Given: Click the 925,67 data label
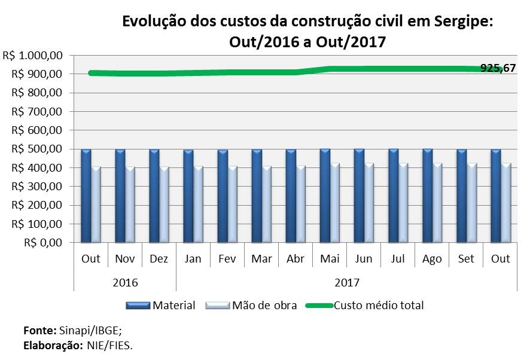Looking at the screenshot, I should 498,68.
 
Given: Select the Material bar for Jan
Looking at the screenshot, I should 188,196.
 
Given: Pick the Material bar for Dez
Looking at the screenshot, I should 154,196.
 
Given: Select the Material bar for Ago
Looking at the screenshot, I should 427,196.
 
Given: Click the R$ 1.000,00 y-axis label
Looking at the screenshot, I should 33,55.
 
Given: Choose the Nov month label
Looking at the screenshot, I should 125,259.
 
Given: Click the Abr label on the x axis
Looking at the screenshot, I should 296,259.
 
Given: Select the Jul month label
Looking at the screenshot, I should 398,259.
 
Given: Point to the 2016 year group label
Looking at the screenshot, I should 125,282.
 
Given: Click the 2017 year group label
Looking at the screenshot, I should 347,282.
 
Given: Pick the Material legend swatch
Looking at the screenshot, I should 139,306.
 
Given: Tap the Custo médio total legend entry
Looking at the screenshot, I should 379,306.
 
